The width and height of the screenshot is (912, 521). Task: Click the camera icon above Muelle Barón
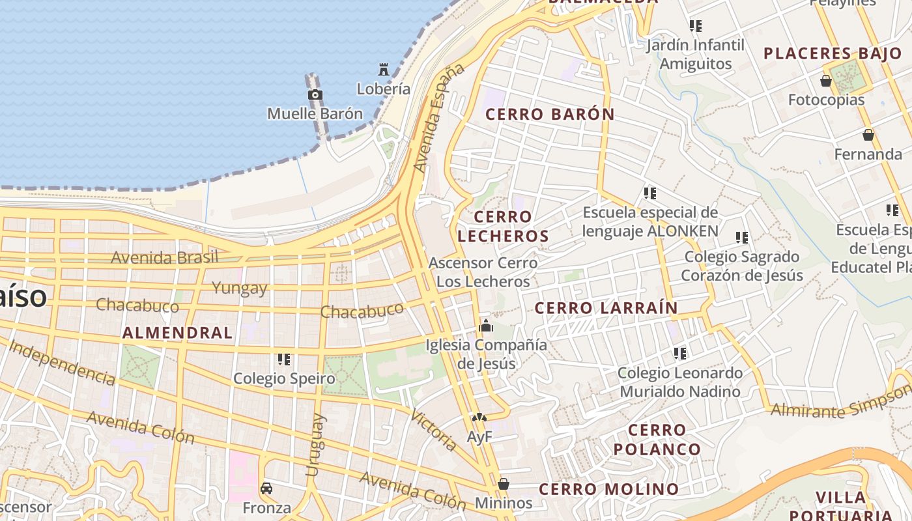coord(315,95)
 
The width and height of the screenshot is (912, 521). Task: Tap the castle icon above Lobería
coord(384,69)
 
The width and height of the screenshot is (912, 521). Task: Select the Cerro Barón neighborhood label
coord(550,114)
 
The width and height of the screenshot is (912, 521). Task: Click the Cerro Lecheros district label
coord(503,226)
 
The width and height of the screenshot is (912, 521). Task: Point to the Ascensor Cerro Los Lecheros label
coord(483,272)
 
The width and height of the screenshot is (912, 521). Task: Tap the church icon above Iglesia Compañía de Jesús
coord(485,326)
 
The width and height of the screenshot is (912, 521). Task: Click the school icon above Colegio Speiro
coord(283,359)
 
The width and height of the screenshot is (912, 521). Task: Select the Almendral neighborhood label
coord(177,333)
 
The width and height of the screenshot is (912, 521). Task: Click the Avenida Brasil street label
coord(164,257)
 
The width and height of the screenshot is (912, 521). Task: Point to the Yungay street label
coord(239,288)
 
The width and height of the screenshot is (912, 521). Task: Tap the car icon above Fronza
coord(266,488)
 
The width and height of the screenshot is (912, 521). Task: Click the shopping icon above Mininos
coord(503,484)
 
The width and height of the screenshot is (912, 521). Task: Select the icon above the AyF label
coord(479,417)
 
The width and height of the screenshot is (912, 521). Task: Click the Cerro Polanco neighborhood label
coord(657,439)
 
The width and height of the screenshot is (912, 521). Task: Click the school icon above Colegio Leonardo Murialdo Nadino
coord(680,354)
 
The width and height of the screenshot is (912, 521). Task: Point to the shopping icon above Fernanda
coord(868,135)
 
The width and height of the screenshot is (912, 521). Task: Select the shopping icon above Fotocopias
coord(826,81)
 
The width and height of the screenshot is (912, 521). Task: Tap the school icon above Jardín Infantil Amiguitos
coord(696,26)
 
